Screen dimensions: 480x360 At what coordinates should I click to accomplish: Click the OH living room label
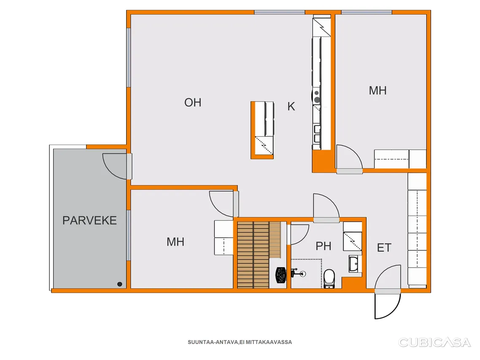(x=193, y=102)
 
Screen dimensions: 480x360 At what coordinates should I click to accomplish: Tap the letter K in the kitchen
(x=291, y=106)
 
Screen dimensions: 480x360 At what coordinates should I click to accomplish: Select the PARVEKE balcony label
(x=89, y=220)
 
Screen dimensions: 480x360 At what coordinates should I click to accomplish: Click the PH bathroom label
(x=323, y=246)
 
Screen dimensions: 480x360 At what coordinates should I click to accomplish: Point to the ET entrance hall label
(x=384, y=248)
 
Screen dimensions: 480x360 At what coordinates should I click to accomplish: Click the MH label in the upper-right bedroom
(x=378, y=91)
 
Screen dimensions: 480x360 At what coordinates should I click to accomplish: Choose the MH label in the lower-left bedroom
(x=175, y=242)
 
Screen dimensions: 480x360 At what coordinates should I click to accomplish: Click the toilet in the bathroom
(x=329, y=278)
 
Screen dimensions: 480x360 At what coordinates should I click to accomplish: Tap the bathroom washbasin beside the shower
(x=354, y=264)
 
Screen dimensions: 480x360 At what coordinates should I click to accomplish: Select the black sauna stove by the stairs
(x=281, y=275)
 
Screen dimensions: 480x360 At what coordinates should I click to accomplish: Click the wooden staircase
(x=259, y=255)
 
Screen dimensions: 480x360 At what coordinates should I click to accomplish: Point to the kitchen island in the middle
(x=262, y=130)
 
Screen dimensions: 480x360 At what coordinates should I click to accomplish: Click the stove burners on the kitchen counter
(x=317, y=97)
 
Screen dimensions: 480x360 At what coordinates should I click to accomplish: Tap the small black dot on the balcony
(x=120, y=284)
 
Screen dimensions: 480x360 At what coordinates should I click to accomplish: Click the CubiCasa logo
(x=434, y=342)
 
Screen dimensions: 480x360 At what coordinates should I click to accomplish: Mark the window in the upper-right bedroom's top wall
(x=367, y=12)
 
